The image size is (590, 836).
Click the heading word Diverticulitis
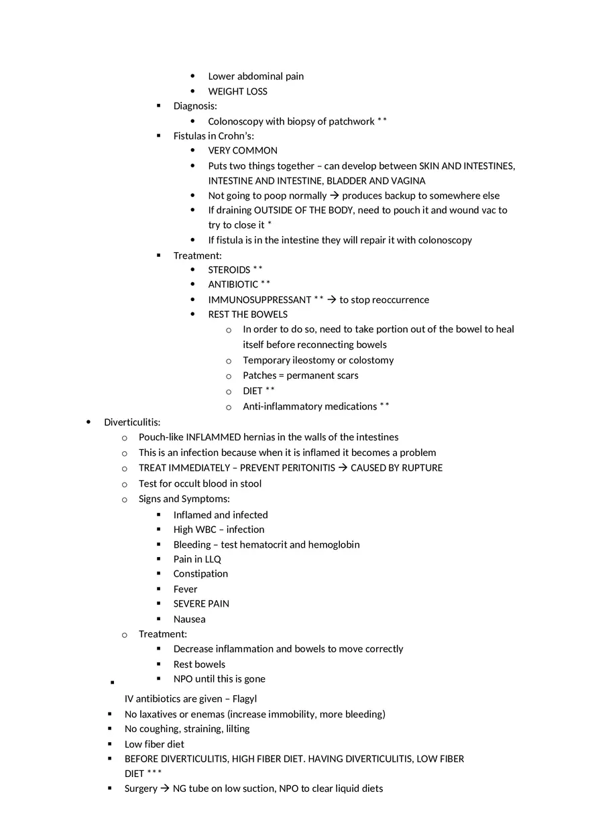[131, 422]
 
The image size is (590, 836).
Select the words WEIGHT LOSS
[237, 91]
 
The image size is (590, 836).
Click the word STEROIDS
[229, 270]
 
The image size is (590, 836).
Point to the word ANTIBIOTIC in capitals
[233, 284]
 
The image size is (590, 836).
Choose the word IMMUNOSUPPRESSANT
[259, 300]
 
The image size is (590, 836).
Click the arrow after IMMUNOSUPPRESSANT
[331, 300]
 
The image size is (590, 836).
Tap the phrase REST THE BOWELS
[247, 314]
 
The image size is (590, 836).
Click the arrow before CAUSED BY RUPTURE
[343, 468]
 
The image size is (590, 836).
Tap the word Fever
[186, 589]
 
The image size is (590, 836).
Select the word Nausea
[190, 619]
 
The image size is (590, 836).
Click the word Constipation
[200, 574]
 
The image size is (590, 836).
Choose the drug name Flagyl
[244, 699]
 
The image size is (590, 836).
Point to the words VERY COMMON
[243, 151]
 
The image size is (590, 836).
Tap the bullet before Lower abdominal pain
[193, 76]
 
